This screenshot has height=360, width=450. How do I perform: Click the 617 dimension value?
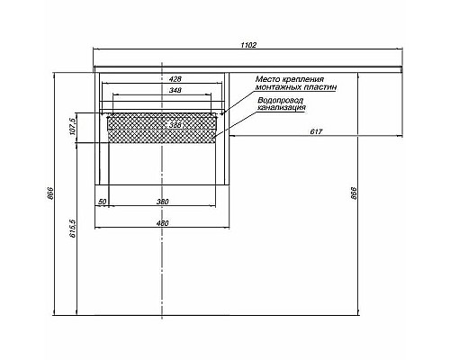click(317, 133)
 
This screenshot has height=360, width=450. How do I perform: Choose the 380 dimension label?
click(162, 202)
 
